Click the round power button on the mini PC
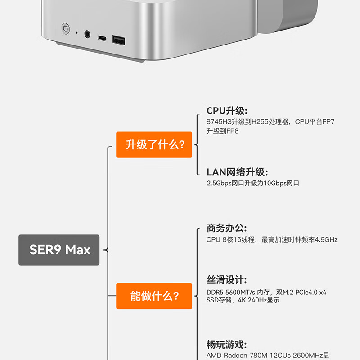coord(65,28)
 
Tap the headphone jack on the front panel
coord(87,34)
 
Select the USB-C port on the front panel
coord(102,38)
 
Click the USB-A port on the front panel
coord(119,40)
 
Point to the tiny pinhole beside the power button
coord(76,33)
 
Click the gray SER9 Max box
coord(59,250)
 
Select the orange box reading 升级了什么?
coord(154,144)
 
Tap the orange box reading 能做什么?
coord(154,296)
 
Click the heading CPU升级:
coord(227,111)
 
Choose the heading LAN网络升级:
coord(237,172)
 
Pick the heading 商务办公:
coord(227,228)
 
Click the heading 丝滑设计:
coord(227,279)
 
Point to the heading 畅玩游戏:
coord(227,344)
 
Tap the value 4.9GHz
coord(326,240)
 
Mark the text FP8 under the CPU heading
coord(232,131)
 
